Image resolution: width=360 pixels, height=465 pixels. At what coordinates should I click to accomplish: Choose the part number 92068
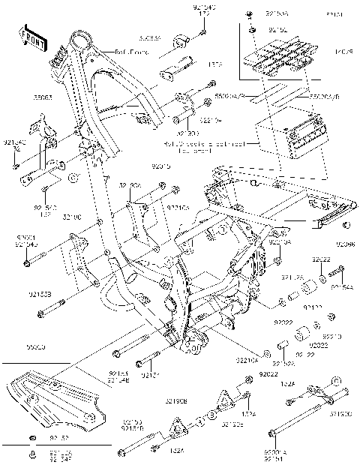coord(346,244)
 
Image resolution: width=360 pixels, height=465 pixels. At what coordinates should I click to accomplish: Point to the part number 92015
coord(160,165)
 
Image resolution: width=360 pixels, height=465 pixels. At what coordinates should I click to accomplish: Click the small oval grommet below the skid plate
coord(34,437)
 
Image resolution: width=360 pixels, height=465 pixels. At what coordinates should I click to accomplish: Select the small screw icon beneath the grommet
coord(32,452)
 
